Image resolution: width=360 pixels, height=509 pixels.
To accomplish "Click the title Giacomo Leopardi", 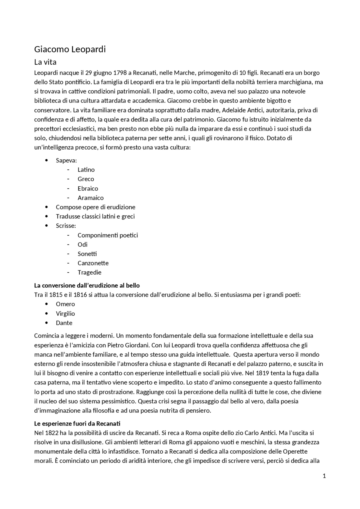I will (70, 49).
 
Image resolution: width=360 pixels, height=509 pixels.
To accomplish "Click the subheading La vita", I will (45, 62).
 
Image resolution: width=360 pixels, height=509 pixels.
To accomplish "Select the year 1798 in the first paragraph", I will (120, 73).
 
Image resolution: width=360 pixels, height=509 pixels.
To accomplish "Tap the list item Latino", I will (86, 170).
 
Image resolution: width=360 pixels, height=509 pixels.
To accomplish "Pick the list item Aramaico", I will (91, 198).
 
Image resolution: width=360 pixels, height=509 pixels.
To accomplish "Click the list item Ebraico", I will (88, 189).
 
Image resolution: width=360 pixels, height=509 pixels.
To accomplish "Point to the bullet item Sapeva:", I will (66, 160).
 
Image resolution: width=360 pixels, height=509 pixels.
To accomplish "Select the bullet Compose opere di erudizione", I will (95, 207).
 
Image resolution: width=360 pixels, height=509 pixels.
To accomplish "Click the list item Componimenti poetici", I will (108, 235).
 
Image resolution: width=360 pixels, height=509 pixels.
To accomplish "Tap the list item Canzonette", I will (93, 263).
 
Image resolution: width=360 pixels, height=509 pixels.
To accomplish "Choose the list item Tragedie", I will (89, 273).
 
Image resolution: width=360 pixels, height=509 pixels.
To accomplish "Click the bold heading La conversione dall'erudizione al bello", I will (87, 286).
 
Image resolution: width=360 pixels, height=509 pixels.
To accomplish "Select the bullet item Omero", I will (65, 304).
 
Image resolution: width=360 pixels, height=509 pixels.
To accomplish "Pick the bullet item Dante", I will (64, 323).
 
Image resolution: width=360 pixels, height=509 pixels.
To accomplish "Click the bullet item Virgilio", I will (65, 314).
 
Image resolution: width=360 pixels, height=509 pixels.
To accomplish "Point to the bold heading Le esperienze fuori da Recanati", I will (77, 424).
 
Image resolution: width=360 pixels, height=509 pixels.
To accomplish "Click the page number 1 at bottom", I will (324, 476).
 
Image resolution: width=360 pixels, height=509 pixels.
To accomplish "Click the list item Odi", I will (82, 245).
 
